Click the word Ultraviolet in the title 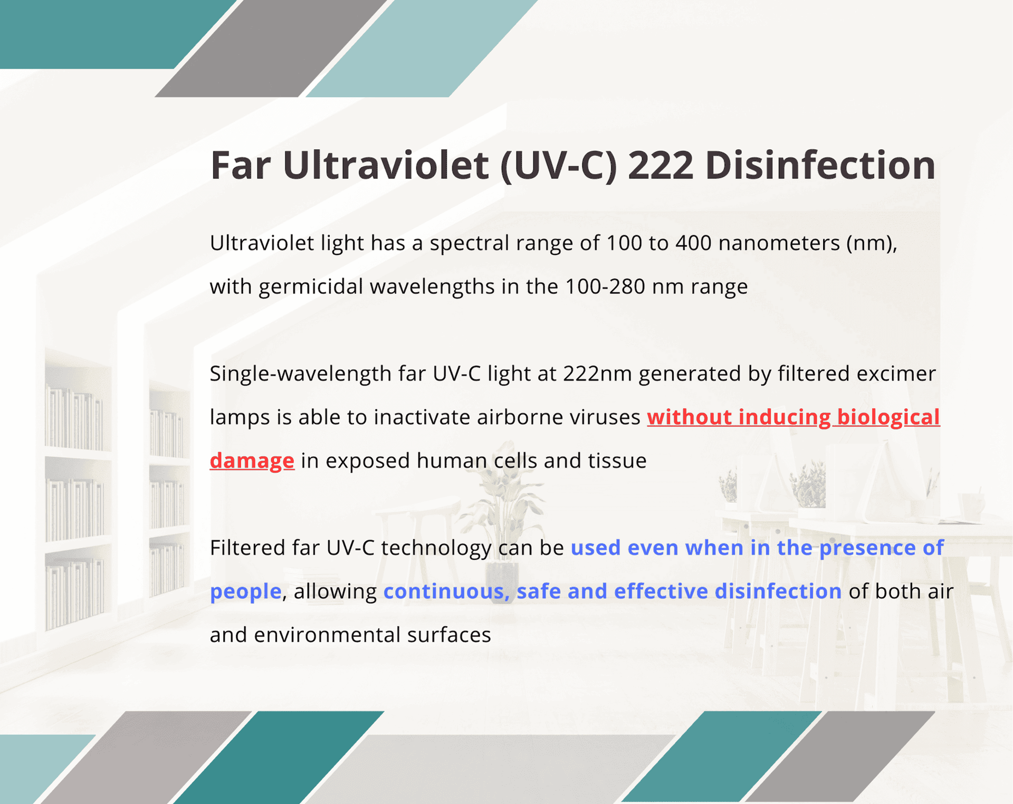[x=385, y=165]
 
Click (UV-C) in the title [x=558, y=165]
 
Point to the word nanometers [x=779, y=243]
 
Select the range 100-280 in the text [x=605, y=287]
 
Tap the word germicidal [x=311, y=287]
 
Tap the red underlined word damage [x=252, y=461]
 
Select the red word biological [x=888, y=417]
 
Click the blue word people [x=245, y=591]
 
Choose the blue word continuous [x=446, y=591]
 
